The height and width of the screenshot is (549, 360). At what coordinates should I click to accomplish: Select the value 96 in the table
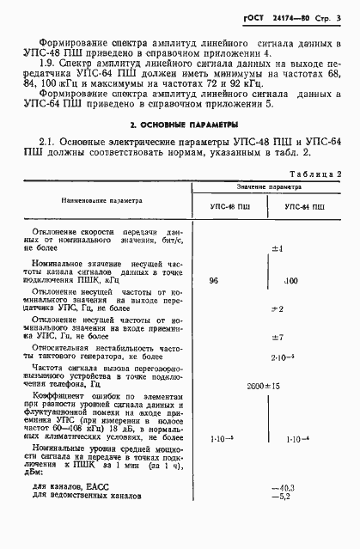(x=214, y=282)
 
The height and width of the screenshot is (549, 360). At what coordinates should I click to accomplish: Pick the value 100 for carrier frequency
(x=290, y=281)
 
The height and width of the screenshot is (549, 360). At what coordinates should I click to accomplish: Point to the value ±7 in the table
(x=277, y=337)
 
